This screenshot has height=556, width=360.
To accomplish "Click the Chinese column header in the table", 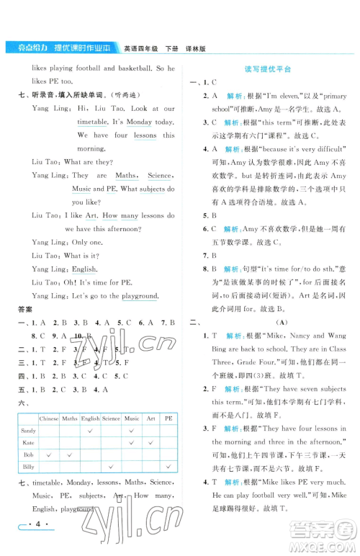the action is point(49,417).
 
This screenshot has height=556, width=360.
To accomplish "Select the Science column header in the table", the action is point(111,417).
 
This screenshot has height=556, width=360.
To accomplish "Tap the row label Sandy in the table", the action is point(28,430).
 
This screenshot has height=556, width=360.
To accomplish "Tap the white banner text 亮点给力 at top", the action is point(25,48).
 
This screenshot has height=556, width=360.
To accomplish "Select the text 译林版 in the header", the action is point(192,48).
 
